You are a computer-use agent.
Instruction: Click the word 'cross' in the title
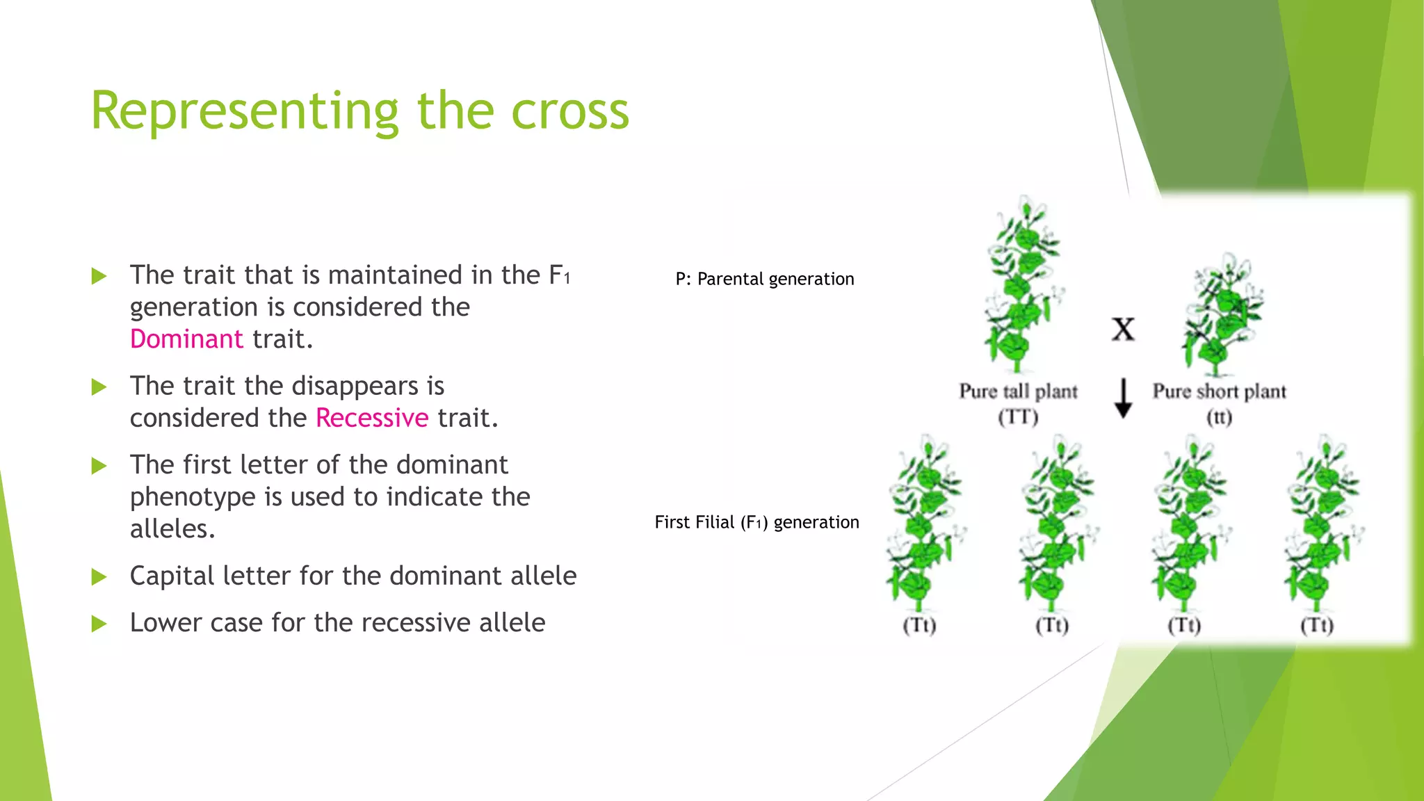click(x=569, y=111)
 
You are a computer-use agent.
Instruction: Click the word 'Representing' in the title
click(x=244, y=111)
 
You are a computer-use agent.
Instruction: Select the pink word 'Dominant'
click(x=186, y=339)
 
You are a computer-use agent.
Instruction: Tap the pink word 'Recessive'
click(x=372, y=418)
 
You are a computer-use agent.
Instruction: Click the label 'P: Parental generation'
click(x=764, y=279)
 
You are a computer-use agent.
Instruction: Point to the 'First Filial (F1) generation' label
click(x=756, y=522)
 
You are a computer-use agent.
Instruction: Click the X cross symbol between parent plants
click(x=1123, y=330)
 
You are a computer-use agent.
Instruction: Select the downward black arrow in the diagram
click(x=1123, y=398)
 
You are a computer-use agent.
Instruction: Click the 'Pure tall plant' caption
click(x=1018, y=391)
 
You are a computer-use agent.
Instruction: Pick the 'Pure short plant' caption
click(x=1219, y=391)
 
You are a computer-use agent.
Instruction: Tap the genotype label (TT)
click(x=1018, y=417)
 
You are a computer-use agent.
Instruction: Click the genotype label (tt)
click(x=1219, y=417)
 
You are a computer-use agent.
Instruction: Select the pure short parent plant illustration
click(x=1222, y=316)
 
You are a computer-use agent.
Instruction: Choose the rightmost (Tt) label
click(x=1316, y=625)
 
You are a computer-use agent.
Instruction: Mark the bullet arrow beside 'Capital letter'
click(x=99, y=576)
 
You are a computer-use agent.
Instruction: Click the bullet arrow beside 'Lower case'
click(x=99, y=623)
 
